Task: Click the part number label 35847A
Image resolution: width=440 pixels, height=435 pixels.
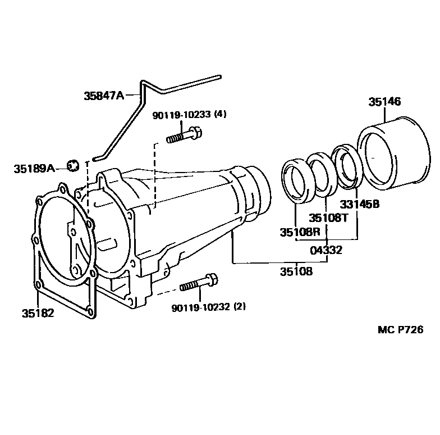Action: pos(104,96)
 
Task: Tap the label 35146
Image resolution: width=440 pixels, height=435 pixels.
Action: pos(384,101)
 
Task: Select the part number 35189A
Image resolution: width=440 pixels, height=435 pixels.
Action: pos(34,169)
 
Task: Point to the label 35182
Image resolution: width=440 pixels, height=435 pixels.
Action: pos(38,313)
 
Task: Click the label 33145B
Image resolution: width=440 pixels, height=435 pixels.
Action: pos(359,205)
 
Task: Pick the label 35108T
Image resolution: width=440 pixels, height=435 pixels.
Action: pos(328,218)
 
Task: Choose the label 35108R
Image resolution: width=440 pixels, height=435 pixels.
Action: pos(300,232)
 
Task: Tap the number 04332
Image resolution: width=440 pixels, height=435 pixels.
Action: pos(326,250)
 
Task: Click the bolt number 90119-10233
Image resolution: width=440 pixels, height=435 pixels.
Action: pos(182,115)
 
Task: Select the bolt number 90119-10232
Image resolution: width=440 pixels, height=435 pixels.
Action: pos(201,307)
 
